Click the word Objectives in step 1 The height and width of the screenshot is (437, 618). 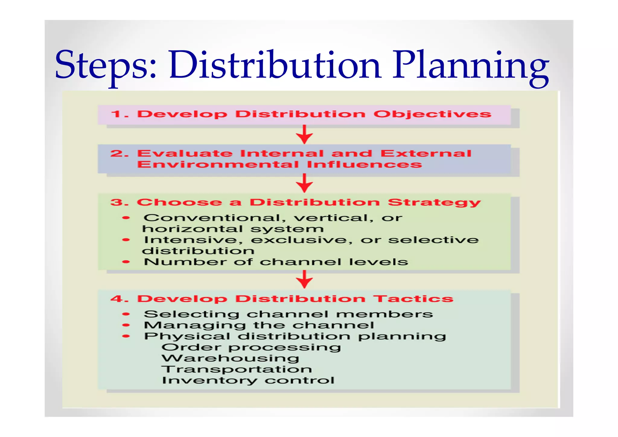click(x=432, y=114)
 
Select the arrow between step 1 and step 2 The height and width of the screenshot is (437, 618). click(x=304, y=134)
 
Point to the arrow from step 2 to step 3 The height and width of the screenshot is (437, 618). click(x=304, y=183)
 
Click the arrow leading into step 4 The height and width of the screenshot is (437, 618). click(x=304, y=279)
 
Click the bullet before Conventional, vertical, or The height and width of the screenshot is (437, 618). click(x=126, y=218)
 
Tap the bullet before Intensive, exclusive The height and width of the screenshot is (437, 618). click(x=126, y=240)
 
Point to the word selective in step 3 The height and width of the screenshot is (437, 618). click(x=433, y=240)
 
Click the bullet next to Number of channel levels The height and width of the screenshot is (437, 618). click(x=126, y=262)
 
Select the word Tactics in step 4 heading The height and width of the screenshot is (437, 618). click(x=413, y=299)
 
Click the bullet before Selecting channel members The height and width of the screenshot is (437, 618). click(x=126, y=314)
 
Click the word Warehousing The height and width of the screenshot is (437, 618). click(x=231, y=358)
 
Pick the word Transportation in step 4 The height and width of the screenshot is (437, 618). click(x=237, y=369)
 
